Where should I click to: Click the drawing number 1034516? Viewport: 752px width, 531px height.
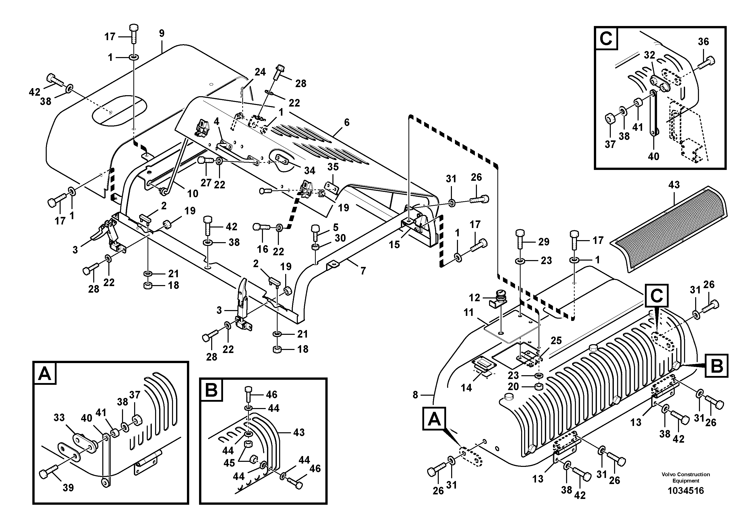[686, 491]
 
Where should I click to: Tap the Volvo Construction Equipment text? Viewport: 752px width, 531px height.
[686, 477]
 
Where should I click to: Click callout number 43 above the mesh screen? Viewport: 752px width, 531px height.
[674, 185]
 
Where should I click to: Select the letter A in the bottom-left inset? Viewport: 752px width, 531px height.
[44, 373]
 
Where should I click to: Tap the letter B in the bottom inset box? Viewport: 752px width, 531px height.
[211, 390]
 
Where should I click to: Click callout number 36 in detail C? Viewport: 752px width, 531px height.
[703, 42]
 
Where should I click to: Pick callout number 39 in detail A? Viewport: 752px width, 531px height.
[68, 488]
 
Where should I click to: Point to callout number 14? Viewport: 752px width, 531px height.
[466, 388]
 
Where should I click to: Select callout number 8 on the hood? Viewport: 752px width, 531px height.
[415, 395]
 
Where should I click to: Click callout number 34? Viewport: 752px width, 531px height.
[309, 171]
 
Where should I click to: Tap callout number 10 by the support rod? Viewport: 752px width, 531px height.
[192, 193]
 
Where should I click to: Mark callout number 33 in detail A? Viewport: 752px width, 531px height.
[59, 417]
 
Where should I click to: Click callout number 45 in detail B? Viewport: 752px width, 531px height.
[229, 463]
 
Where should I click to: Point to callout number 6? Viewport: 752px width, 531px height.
[347, 122]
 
